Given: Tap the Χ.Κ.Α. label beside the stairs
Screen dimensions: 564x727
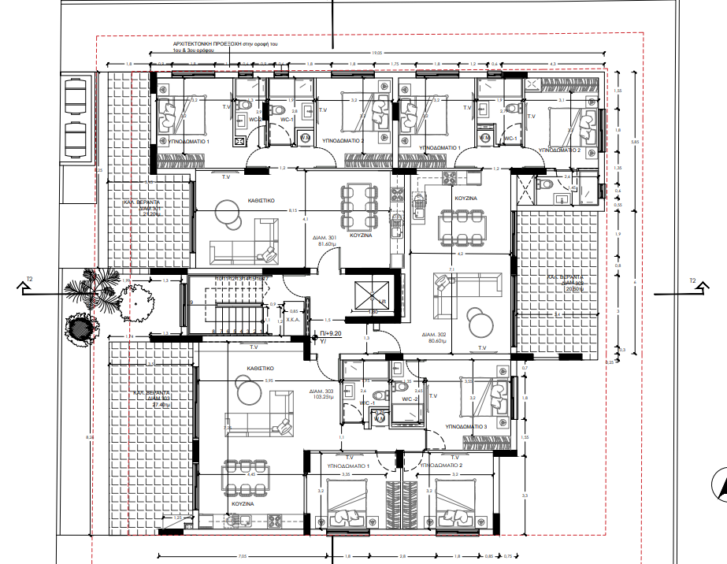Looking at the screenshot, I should click(291, 321).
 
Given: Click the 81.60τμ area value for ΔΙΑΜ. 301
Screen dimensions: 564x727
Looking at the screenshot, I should click(327, 244).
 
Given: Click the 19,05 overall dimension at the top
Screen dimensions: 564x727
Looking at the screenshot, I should click(376, 53).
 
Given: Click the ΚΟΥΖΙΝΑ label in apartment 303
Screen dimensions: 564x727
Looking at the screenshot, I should click(242, 503).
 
